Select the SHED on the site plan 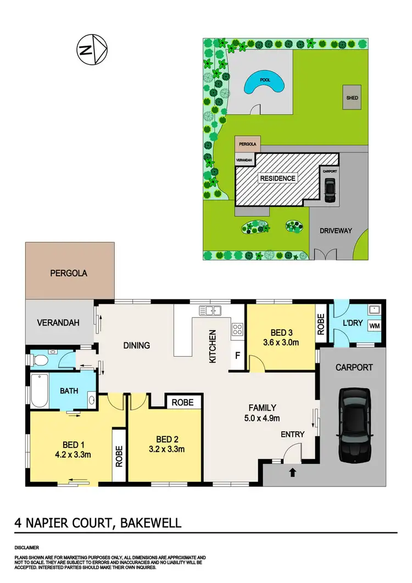pyautogui.click(x=352, y=98)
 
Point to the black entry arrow pyautogui.click(x=292, y=471)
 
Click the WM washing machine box pyautogui.click(x=374, y=326)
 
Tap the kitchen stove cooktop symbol pyautogui.click(x=238, y=329)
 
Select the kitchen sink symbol pyautogui.click(x=209, y=310)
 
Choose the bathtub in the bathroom pyautogui.click(x=38, y=390)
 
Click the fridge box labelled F pyautogui.click(x=237, y=354)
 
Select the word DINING pyautogui.click(x=136, y=346)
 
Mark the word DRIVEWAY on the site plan pyautogui.click(x=336, y=231)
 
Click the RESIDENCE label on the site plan pyautogui.click(x=277, y=178)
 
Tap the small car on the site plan pyautogui.click(x=329, y=190)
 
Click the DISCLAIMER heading pyautogui.click(x=27, y=548)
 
